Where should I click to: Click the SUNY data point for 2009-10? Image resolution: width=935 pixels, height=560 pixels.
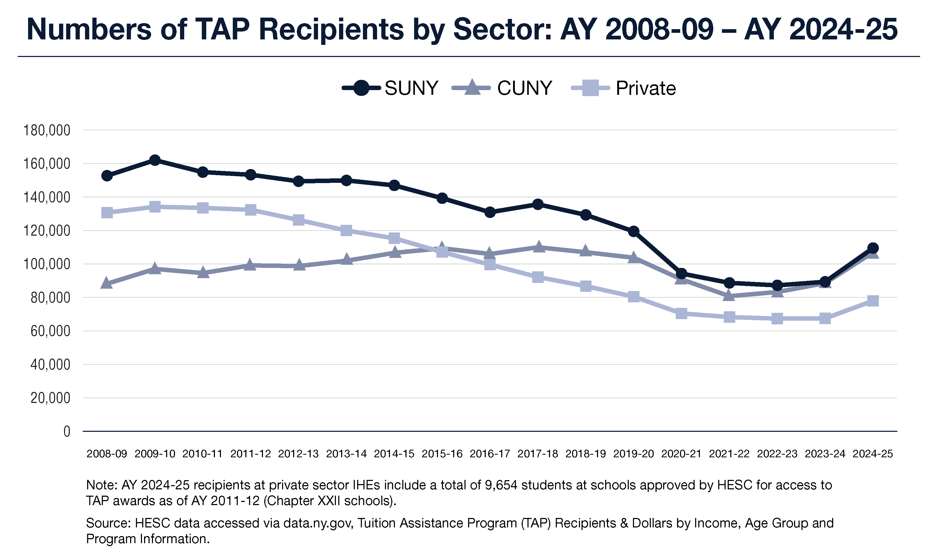[x=155, y=160]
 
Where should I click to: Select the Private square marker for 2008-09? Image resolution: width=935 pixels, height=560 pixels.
[x=107, y=212]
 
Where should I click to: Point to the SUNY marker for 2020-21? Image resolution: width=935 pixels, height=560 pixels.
[x=681, y=274]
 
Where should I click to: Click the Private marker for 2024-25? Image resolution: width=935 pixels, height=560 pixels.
[x=873, y=301]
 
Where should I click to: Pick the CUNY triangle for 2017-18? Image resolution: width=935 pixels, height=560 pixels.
[x=538, y=247]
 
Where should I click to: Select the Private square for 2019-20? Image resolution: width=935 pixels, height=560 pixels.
[x=634, y=297]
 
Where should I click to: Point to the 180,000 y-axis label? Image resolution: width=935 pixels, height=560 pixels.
[x=47, y=131]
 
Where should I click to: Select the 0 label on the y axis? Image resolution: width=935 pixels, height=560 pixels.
[x=67, y=431]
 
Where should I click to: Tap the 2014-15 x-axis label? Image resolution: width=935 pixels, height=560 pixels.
[x=394, y=454]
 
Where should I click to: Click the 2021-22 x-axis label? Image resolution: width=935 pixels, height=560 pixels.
[x=729, y=454]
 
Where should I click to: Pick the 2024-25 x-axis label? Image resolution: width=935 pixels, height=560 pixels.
[x=873, y=454]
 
